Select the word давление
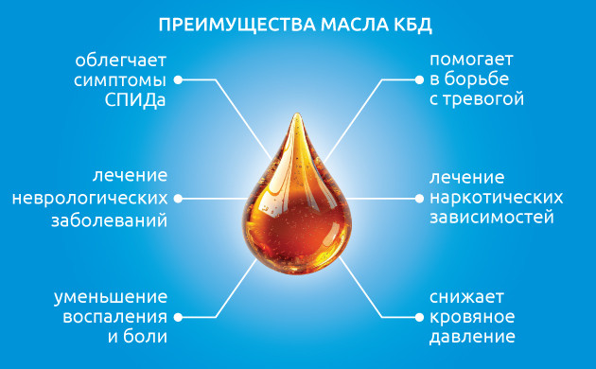(470, 336)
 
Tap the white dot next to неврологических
(180, 199)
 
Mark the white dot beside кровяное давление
(416, 317)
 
